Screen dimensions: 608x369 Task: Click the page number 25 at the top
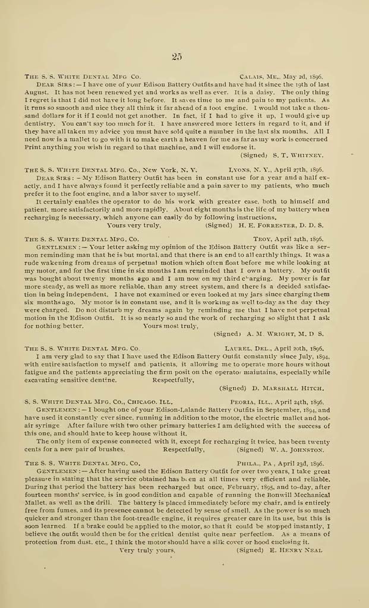[176, 57]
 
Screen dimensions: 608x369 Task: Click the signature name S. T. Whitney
[302, 155]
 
